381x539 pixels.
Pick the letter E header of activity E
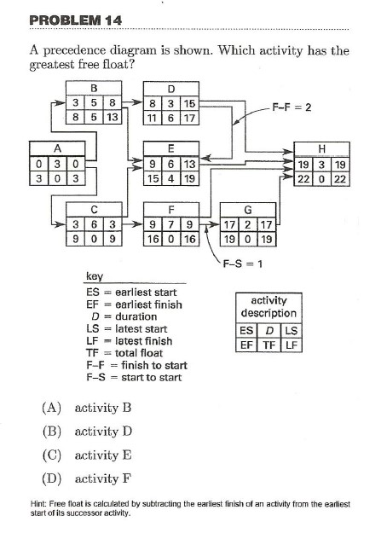[x=171, y=148]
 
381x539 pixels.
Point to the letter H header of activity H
[x=320, y=148]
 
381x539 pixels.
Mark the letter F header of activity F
[x=171, y=208]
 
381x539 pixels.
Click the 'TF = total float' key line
[x=127, y=352]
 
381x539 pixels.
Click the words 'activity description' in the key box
[x=268, y=306]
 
